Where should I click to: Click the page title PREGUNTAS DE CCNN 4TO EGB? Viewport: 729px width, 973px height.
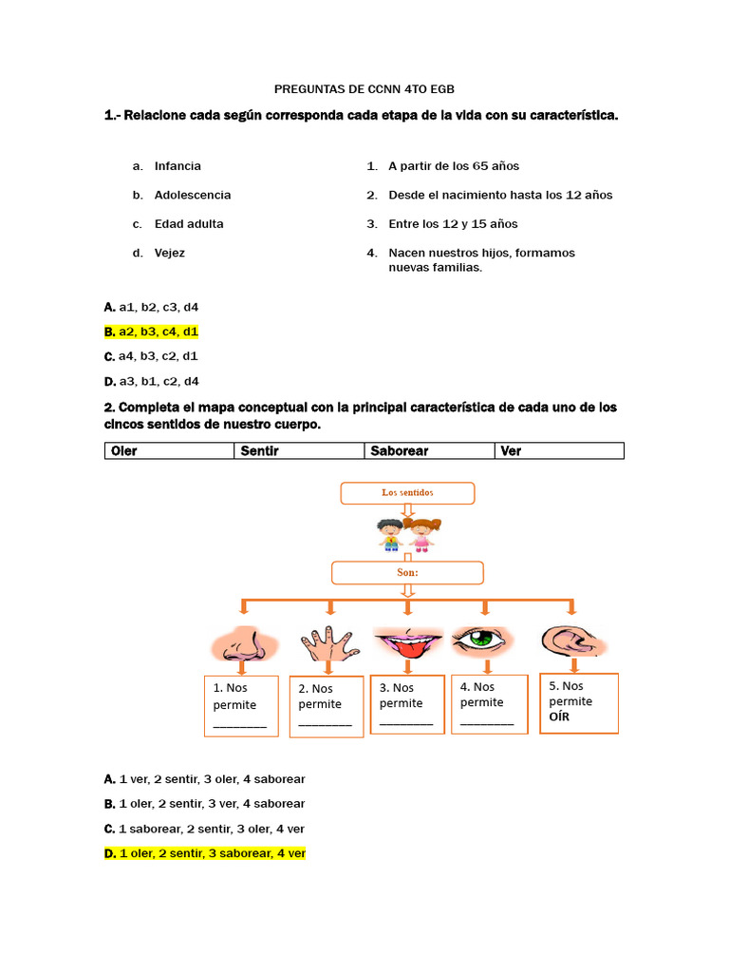(x=364, y=89)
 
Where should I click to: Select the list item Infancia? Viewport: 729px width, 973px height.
(x=178, y=166)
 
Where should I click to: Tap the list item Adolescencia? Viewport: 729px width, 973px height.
(x=192, y=195)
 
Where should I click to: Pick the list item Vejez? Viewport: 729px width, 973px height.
(x=170, y=253)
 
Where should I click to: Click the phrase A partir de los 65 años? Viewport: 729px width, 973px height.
(x=454, y=166)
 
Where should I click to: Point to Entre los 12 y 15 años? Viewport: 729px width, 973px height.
(x=453, y=224)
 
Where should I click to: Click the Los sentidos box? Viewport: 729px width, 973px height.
(x=407, y=493)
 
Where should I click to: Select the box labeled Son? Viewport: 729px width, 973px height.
(x=407, y=573)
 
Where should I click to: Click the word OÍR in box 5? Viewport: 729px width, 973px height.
(x=561, y=717)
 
